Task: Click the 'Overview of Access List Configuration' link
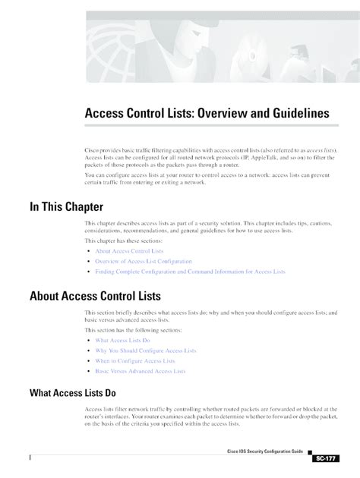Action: pyautogui.click(x=144, y=260)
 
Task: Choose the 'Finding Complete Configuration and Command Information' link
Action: pyautogui.click(x=190, y=270)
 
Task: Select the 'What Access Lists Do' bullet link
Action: pyautogui.click(x=123, y=341)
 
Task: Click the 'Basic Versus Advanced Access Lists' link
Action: pyautogui.click(x=141, y=371)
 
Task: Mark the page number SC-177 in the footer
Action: pyautogui.click(x=323, y=459)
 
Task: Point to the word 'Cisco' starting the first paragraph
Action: pyautogui.click(x=93, y=152)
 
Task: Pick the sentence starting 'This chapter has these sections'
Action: pyautogui.click(x=128, y=240)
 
